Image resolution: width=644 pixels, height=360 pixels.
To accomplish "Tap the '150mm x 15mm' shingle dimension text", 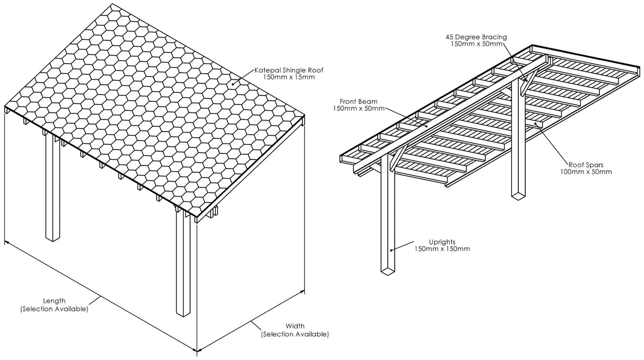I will coord(289,77).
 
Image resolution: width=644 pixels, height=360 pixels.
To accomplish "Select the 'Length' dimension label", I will coord(54,301).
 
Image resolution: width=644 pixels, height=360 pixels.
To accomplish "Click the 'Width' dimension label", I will coord(294,326).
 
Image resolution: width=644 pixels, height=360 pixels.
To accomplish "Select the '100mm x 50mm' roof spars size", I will coord(585,171).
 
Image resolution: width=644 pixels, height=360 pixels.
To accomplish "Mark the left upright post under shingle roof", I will coord(53,191).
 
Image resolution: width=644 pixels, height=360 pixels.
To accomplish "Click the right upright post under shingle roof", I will coord(183,265).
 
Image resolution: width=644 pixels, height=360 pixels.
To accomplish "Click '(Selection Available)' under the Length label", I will coord(54,309).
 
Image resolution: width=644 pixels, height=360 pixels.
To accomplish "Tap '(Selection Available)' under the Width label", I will coord(294,335).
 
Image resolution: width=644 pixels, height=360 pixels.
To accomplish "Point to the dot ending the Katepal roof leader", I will coord(232,83).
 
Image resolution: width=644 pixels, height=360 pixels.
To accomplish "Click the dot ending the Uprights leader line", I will coord(391,250).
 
